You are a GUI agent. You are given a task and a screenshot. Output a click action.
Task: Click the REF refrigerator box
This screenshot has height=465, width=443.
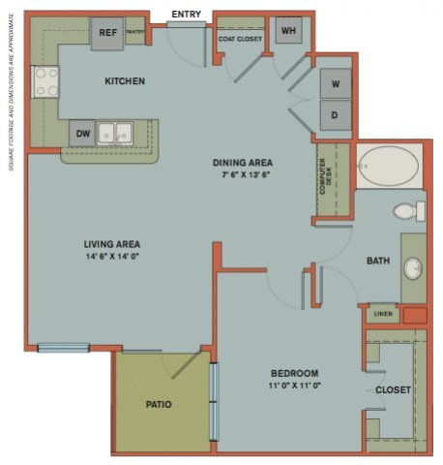(x=108, y=33)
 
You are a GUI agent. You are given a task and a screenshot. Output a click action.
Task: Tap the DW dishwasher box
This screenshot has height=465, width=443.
(x=82, y=134)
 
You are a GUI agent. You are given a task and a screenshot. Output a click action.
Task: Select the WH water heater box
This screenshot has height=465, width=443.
(x=288, y=31)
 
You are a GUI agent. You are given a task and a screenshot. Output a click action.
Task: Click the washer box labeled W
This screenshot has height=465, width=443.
(x=336, y=84)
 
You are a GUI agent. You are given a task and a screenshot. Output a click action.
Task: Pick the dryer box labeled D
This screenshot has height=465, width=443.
(x=336, y=115)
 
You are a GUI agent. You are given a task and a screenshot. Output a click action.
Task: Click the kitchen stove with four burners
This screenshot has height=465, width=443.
(x=44, y=81)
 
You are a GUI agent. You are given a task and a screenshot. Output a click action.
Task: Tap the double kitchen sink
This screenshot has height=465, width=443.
(x=121, y=133)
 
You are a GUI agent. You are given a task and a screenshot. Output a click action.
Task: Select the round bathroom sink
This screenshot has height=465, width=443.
(x=413, y=267)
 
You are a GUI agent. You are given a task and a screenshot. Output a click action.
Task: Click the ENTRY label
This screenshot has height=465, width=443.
(x=186, y=15)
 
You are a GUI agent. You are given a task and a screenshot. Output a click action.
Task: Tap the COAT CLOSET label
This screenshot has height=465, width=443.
(x=240, y=39)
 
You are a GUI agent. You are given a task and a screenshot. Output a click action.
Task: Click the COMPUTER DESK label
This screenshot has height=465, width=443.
(x=328, y=179)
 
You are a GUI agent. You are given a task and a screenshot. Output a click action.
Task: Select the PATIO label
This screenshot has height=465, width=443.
(x=160, y=404)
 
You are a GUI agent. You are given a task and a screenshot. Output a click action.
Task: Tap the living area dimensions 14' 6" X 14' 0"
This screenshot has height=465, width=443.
(x=112, y=257)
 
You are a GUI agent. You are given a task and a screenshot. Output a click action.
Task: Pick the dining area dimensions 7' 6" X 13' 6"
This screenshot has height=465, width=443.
(x=243, y=175)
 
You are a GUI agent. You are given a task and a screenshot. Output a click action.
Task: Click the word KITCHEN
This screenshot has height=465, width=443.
(x=125, y=81)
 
